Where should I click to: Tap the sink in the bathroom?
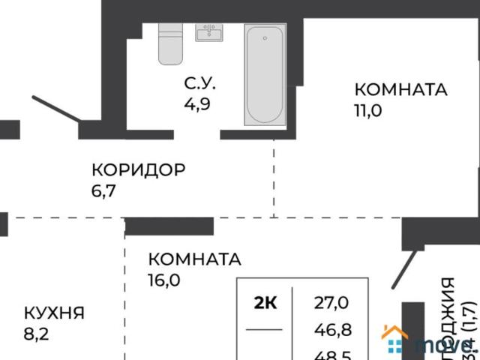208,32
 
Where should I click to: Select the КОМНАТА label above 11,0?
400,90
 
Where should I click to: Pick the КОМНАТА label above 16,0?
194,260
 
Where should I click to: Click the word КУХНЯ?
53,313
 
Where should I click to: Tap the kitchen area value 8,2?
35,332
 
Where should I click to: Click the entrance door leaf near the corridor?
56,109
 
